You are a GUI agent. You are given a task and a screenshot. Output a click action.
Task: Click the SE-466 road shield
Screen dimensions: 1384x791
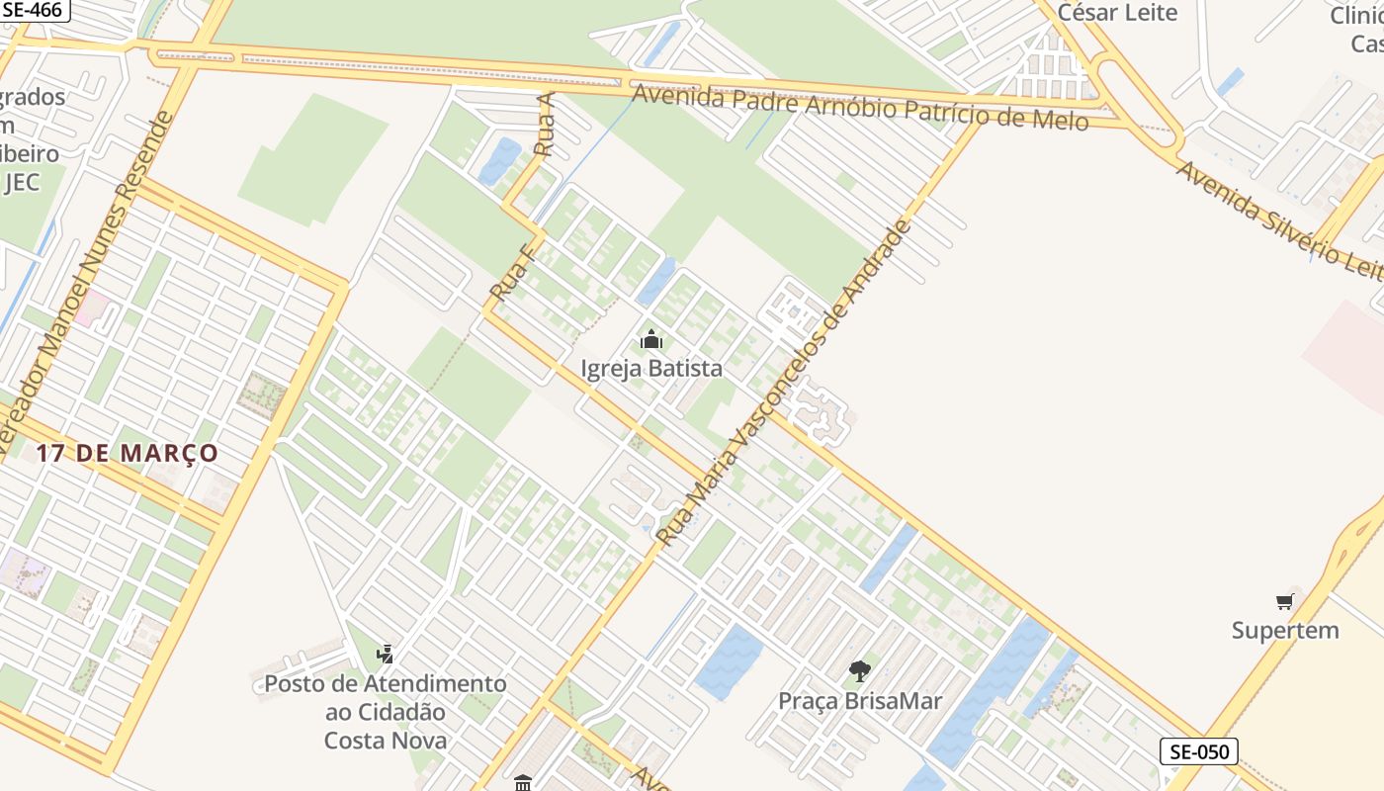[32, 10]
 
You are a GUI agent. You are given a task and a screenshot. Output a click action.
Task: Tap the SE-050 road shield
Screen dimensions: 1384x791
[1198, 751]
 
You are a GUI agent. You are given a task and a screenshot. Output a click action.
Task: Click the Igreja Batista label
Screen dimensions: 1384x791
[650, 369]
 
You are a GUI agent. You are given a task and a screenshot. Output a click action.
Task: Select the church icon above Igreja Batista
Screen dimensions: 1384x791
[650, 340]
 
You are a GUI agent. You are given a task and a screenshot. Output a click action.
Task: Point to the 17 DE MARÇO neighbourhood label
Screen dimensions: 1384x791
[128, 453]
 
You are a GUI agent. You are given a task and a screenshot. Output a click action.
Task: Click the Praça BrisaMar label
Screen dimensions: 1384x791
[859, 701]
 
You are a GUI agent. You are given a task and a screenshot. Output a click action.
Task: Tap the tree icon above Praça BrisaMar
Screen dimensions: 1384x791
[859, 671]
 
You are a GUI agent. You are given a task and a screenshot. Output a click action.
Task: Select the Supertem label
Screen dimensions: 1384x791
[1284, 630]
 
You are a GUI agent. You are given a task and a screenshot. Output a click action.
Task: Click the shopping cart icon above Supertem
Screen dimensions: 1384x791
[1284, 600]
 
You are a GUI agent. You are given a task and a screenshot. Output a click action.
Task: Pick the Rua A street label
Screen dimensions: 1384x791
[544, 125]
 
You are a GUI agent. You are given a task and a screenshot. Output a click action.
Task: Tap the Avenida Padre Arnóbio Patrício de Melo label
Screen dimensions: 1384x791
[860, 108]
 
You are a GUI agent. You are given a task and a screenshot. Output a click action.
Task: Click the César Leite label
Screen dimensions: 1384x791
[1117, 13]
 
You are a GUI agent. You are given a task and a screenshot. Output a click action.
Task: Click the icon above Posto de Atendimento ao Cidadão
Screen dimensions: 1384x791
[385, 654]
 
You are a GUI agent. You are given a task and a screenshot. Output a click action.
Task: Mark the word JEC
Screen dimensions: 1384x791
[22, 183]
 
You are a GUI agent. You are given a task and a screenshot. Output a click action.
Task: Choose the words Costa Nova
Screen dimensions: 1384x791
[385, 741]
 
